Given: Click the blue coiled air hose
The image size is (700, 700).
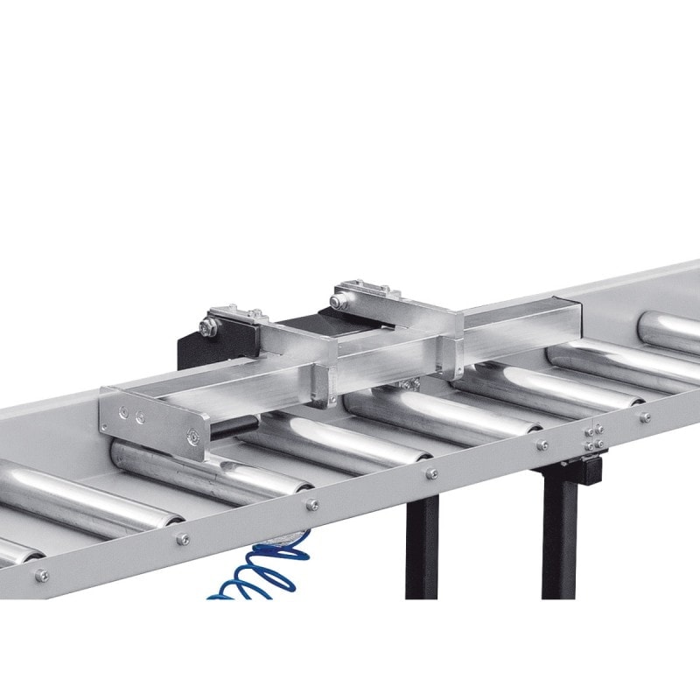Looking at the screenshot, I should [x=262, y=573].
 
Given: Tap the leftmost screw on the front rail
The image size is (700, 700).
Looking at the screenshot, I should [x=41, y=575].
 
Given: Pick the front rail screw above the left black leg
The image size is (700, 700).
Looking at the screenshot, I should [x=431, y=473].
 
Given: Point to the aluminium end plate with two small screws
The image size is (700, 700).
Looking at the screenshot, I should [x=154, y=421].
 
